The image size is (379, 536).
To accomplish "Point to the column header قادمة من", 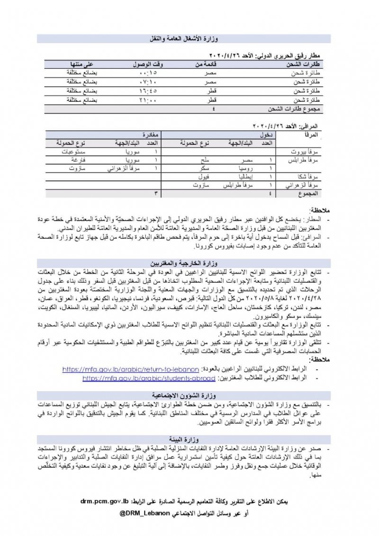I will (207, 64).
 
